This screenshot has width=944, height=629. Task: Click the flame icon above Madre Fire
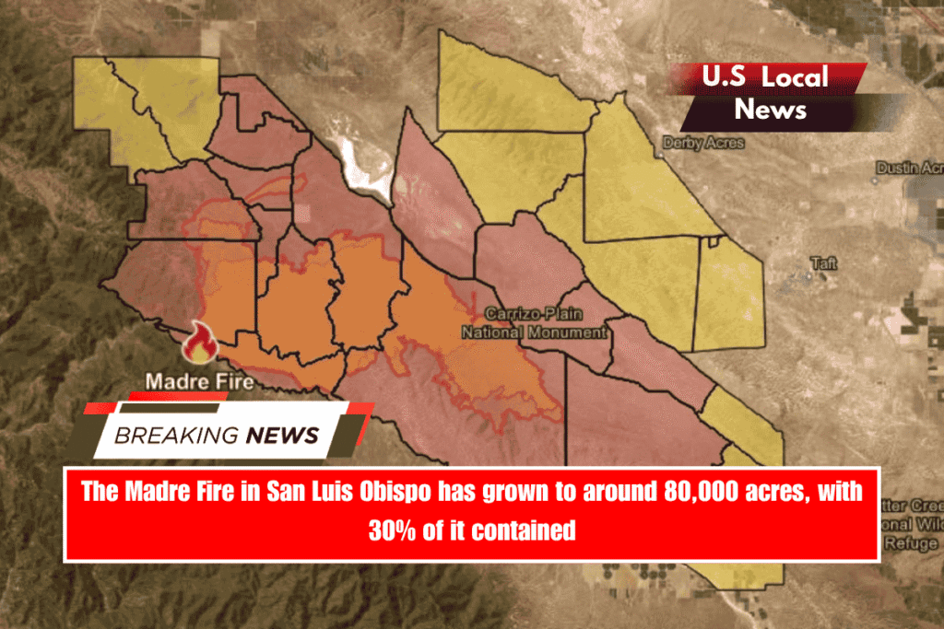click(198, 344)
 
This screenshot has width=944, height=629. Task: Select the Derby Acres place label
click(703, 144)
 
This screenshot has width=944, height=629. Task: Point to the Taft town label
click(823, 263)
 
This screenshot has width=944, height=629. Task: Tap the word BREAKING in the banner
click(175, 435)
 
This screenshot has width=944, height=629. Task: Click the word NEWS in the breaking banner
click(282, 435)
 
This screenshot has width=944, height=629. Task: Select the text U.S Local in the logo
click(765, 77)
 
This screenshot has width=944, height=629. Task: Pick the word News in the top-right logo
click(771, 110)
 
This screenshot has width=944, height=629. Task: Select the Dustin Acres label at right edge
click(909, 168)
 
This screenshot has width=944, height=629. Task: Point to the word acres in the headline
click(780, 492)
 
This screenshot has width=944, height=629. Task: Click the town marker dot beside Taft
click(804, 273)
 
